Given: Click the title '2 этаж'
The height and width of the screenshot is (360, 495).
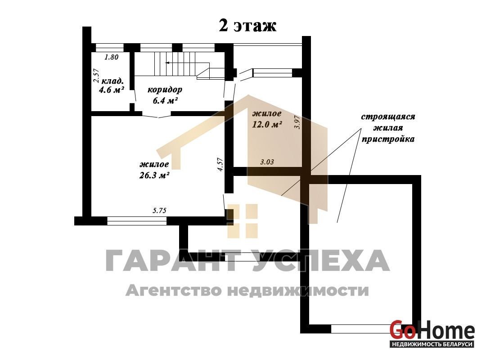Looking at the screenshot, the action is (x=247, y=26).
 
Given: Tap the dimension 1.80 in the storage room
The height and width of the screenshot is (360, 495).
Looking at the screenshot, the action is (x=112, y=57).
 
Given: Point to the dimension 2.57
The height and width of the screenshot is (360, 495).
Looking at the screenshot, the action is (x=96, y=76).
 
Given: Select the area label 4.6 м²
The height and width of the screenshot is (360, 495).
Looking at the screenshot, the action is (x=112, y=90).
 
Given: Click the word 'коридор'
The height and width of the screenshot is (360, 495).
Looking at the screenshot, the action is (x=165, y=90).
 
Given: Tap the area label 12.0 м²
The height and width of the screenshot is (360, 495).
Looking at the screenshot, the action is (x=267, y=124).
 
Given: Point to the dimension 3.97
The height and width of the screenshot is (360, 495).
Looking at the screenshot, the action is (x=297, y=122).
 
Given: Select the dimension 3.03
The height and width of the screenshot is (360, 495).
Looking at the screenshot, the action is (x=267, y=162).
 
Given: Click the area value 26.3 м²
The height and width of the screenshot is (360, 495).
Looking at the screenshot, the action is (x=154, y=175).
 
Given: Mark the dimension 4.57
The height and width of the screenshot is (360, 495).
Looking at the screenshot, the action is (x=220, y=165).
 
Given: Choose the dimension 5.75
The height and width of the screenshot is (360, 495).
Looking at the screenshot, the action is (x=159, y=211).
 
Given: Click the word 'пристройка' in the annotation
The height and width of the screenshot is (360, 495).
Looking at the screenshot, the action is (x=388, y=139).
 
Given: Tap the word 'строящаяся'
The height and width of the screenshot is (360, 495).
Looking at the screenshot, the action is (x=388, y=117).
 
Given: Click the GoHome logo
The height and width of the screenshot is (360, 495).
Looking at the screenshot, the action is (x=432, y=333).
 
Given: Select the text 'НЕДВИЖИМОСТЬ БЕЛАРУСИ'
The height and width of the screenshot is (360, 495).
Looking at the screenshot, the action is (x=432, y=344).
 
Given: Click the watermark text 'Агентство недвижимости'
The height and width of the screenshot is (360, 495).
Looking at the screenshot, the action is (x=247, y=290).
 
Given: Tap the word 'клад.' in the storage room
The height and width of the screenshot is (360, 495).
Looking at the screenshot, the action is (x=112, y=81).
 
